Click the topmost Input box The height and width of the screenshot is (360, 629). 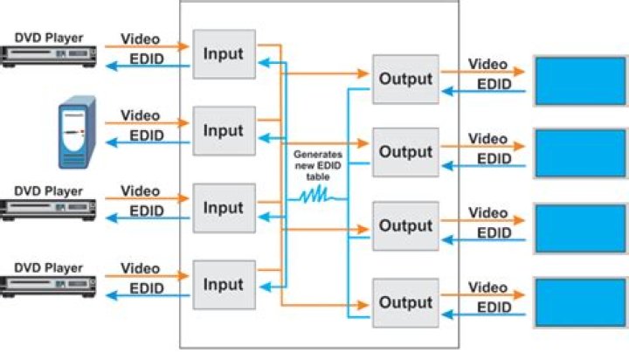point(224,54)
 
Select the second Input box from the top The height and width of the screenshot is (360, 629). point(224,131)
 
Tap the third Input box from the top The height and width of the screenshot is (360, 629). point(224,208)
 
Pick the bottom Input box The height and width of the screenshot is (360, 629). point(224,285)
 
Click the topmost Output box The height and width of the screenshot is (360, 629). point(405,80)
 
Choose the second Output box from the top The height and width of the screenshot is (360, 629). point(405,152)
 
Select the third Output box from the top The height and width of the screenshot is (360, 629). point(405,225)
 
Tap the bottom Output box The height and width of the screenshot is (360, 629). point(405,301)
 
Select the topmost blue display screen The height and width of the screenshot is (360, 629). point(572,81)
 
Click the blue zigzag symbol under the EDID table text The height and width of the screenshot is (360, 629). point(313,197)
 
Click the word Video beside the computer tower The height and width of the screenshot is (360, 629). point(140,115)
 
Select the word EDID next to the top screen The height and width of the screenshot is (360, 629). point(494,84)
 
